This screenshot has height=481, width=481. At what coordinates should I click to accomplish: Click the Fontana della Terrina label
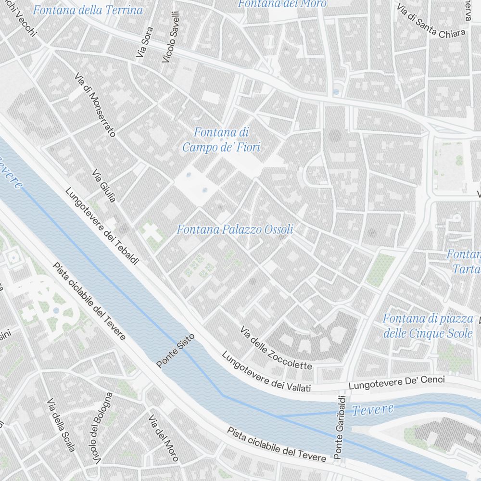[88, 10]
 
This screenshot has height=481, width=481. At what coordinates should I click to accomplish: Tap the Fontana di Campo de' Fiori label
[221, 139]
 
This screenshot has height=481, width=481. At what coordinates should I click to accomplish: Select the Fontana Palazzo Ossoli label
[235, 229]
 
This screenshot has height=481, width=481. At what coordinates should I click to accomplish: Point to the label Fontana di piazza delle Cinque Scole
[428, 326]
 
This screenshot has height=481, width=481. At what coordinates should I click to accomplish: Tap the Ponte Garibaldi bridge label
[340, 427]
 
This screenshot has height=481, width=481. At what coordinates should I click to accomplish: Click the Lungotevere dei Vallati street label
[266, 372]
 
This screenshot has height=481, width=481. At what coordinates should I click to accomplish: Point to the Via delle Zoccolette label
[276, 348]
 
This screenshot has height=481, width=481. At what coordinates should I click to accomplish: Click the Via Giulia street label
[104, 186]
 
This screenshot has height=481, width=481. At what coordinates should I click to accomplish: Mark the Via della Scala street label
[61, 425]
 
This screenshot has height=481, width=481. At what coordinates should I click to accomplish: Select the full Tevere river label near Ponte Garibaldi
[372, 410]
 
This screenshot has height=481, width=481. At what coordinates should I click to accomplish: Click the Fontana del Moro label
[282, 4]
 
